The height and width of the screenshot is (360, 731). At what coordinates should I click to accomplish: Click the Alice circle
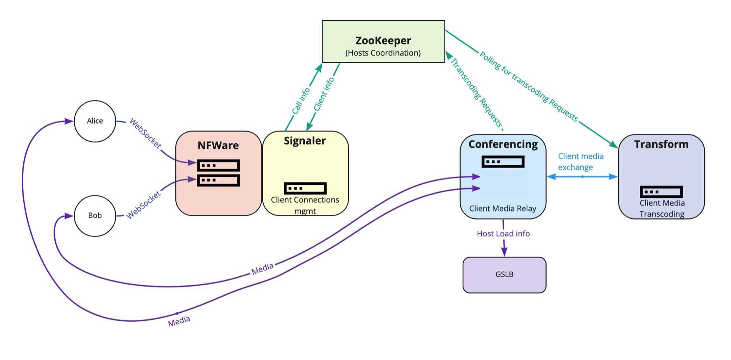point(95,121)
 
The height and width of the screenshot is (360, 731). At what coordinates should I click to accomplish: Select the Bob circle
point(95,216)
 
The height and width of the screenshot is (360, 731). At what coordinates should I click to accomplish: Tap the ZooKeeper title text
point(383,41)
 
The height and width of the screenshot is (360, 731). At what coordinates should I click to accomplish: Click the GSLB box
point(504,274)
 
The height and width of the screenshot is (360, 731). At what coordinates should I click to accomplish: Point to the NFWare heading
point(218,145)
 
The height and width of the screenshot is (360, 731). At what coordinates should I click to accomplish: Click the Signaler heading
point(305,141)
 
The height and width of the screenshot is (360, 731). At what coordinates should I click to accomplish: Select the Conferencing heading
point(503,144)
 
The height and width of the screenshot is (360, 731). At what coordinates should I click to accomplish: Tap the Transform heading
point(661,144)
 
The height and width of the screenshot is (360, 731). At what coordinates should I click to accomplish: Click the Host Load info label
point(503,234)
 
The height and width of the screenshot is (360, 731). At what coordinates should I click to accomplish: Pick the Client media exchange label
point(580,161)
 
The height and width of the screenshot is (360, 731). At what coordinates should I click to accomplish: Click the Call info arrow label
point(301,101)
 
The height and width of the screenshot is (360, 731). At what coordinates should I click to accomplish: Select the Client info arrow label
point(324,94)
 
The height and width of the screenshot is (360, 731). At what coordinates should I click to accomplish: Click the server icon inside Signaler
point(305,188)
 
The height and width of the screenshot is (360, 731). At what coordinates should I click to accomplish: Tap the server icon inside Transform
point(661,192)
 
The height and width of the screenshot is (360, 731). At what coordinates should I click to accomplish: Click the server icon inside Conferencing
point(503,161)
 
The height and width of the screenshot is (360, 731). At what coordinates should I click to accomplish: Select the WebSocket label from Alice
point(145,134)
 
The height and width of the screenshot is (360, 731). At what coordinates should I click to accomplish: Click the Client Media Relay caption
point(502,209)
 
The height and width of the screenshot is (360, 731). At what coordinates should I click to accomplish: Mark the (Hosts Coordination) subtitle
point(383,53)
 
